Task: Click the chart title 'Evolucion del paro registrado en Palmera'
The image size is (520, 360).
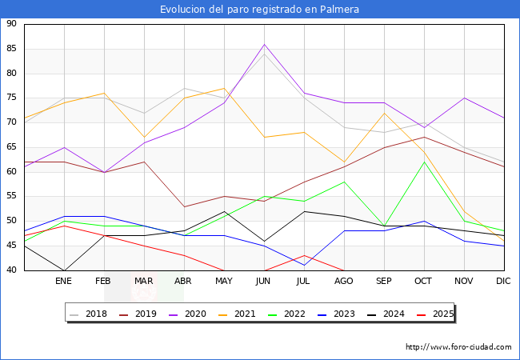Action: (259, 10)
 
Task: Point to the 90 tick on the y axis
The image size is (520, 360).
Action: (12, 24)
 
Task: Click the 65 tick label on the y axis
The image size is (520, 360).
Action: (12, 147)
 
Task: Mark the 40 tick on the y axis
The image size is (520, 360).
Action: (12, 270)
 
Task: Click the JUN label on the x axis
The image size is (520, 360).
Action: (264, 282)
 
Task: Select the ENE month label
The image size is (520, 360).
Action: (64, 282)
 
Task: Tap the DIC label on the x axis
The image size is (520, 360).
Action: (503, 282)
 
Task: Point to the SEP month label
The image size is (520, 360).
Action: (384, 282)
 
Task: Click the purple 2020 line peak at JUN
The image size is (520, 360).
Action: (264, 44)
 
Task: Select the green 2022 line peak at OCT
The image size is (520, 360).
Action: (424, 162)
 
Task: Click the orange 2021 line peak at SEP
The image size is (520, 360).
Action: (384, 113)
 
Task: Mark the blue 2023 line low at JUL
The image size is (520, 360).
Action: (304, 265)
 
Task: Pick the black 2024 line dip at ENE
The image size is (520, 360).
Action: (64, 270)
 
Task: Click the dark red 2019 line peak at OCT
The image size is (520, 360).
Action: (424, 137)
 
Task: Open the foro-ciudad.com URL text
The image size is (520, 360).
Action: (458, 347)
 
